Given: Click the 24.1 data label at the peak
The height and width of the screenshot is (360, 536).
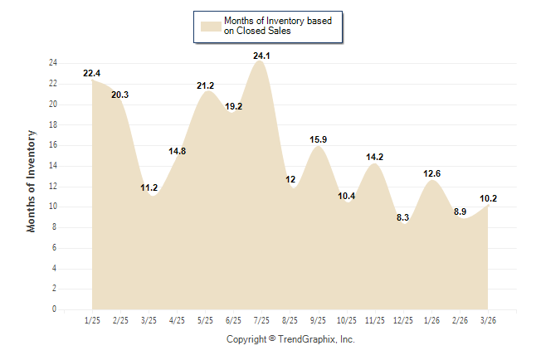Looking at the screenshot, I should coord(261,56).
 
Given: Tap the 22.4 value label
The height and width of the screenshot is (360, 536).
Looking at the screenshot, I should coord(91,74).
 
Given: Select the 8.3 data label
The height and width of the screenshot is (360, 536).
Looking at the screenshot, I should coord(403,218).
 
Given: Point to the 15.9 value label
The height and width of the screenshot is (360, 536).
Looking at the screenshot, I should coord(319,140).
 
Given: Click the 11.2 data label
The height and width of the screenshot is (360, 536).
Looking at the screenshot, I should coord(149,188).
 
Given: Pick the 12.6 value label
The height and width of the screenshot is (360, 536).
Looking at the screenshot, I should coord(431,174).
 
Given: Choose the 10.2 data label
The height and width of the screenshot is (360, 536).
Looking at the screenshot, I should coord(489,198).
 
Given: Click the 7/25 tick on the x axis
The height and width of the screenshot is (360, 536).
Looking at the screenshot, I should coord(261,320).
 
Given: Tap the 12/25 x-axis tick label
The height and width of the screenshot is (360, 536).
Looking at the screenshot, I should coord(403,320).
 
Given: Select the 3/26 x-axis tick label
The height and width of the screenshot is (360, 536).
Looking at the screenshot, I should coord(489,320).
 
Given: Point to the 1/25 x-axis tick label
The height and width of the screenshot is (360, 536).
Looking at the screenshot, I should coord(91,320).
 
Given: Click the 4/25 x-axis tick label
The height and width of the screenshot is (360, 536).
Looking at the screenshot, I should coord(177,320).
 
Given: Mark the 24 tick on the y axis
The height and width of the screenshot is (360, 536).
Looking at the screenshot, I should coord(52,63).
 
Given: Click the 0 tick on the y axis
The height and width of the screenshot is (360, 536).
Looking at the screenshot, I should coord(55,309).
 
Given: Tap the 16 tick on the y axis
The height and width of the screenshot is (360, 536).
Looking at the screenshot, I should coord(52,145).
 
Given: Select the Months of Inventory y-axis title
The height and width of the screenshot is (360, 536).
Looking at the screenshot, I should coord(32,181).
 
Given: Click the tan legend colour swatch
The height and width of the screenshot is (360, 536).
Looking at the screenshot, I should coord(211,26).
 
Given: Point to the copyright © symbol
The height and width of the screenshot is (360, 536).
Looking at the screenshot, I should coord(272,339).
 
